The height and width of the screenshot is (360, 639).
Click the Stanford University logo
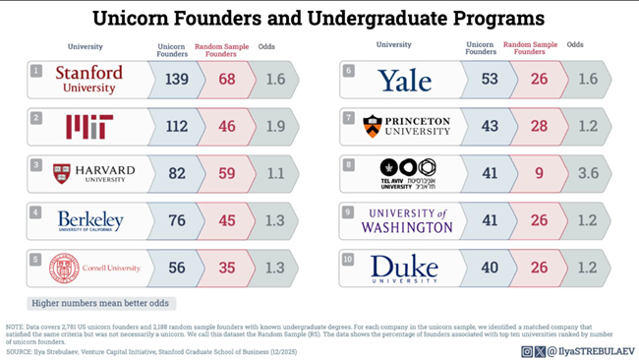[x=88, y=80]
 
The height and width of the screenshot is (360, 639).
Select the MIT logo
[x=88, y=126]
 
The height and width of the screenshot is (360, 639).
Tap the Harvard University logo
[x=93, y=174]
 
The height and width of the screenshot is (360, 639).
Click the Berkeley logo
[x=89, y=220]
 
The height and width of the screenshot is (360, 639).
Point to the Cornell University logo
[x=94, y=268]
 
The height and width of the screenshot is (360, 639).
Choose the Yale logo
[x=405, y=80]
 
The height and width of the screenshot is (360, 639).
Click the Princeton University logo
[x=406, y=126]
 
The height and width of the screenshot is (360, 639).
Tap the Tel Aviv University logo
[x=407, y=172]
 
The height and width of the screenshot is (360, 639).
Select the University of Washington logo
[x=406, y=220]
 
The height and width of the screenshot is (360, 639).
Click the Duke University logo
[x=404, y=268]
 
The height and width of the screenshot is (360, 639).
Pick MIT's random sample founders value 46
[x=227, y=127]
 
